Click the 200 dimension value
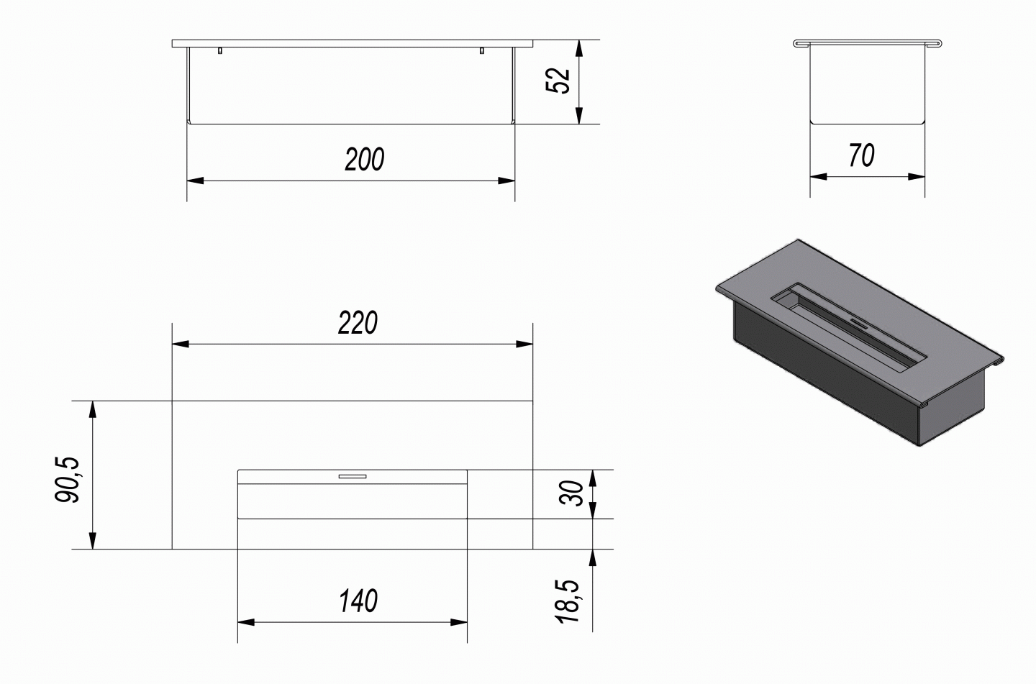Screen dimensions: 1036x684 pos(365,160)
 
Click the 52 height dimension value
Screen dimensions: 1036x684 pos(558,81)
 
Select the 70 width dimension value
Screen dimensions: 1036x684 pos(862,155)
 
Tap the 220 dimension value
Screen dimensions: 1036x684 pos(358,323)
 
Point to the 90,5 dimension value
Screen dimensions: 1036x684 pos(68,479)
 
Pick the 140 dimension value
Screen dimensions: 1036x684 pos(358,601)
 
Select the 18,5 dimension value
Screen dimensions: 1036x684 pos(568,601)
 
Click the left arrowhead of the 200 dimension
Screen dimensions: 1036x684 pos(195,181)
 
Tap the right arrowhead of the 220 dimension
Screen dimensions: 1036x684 pos(524,344)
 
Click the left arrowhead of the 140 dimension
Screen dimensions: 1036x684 pos(246,622)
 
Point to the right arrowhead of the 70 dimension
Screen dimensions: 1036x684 pos(917,176)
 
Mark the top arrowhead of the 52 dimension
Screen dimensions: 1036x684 pos(579,49)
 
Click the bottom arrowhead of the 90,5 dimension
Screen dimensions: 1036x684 pos(93,541)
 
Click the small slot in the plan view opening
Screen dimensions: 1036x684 pos(353,476)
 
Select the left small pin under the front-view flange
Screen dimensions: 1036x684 pos(220,50)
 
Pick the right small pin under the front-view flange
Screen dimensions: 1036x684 pos(482,50)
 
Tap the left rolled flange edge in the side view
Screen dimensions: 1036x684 pos(802,43)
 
